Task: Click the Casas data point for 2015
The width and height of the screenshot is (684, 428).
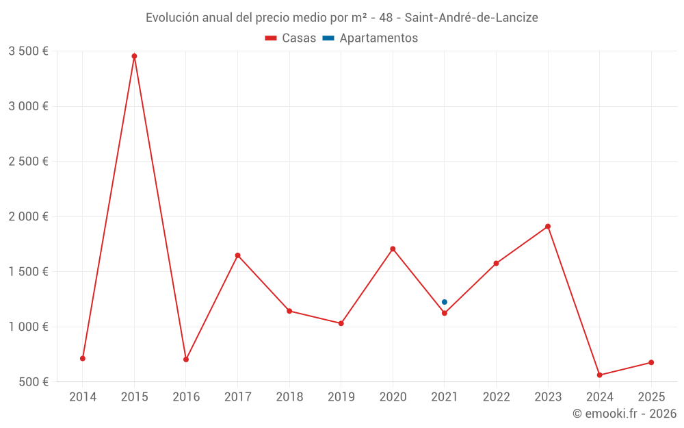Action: [134, 56]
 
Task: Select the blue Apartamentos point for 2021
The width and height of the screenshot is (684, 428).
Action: [445, 302]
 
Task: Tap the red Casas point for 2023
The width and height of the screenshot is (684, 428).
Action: [548, 227]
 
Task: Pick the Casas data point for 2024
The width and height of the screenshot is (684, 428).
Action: [600, 375]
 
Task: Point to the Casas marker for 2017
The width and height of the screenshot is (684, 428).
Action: [238, 255]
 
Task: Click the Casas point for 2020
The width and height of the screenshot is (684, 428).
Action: [393, 249]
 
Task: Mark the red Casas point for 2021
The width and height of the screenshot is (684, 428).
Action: [445, 313]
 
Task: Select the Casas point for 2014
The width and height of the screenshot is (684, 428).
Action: [83, 358]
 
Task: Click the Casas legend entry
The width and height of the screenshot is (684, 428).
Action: [291, 38]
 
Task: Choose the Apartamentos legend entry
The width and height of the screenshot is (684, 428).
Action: [370, 38]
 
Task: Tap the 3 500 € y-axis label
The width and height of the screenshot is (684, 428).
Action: [28, 51]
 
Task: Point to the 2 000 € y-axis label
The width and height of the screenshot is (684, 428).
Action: [28, 216]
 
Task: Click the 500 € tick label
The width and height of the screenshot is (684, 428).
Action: [33, 381]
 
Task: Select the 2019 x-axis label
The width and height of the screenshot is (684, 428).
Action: [341, 397]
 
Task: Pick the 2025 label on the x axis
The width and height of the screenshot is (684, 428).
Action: [651, 397]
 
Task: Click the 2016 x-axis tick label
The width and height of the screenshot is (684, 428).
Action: [186, 397]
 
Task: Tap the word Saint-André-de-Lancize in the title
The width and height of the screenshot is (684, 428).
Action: [471, 18]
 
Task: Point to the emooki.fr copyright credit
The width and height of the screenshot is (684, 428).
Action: [624, 414]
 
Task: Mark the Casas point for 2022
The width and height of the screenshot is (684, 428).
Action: [496, 263]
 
